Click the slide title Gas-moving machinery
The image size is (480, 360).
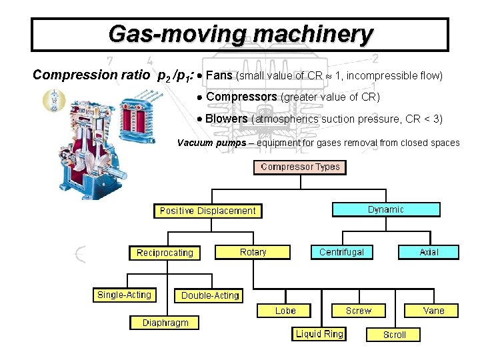[240, 33]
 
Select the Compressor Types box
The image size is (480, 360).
[300, 167]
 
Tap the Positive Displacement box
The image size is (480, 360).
[207, 211]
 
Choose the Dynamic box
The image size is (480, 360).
[386, 209]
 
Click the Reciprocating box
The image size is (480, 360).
[165, 253]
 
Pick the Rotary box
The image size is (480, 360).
[253, 252]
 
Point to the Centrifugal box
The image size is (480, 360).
[341, 252]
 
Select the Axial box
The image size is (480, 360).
[429, 252]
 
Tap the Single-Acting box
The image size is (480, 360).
[124, 295]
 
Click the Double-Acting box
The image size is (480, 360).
[210, 295]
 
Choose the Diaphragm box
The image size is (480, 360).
[165, 323]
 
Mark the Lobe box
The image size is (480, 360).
[285, 311]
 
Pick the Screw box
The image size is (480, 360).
[359, 311]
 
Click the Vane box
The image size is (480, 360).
[433, 311]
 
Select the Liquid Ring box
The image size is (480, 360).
[319, 334]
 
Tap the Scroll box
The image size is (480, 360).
[394, 335]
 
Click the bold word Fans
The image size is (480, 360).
[219, 75]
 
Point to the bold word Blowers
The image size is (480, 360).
[227, 119]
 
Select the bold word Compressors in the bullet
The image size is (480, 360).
[241, 97]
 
